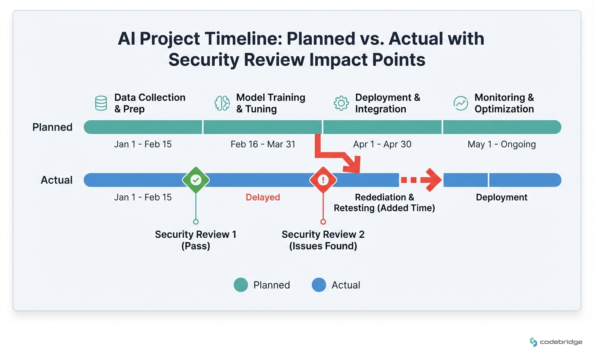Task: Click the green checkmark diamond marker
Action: (196, 180)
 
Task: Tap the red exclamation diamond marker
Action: (323, 180)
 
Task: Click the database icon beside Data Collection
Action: (101, 103)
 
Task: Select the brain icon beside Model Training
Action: (222, 103)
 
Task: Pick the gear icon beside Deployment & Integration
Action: (341, 103)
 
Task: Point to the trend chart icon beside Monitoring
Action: (461, 103)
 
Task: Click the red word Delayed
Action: (263, 197)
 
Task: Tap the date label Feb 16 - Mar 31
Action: (263, 144)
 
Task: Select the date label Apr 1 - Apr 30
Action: (382, 144)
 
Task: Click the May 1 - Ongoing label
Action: (502, 144)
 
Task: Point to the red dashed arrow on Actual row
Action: (421, 180)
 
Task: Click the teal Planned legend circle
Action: (241, 285)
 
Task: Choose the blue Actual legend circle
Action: (319, 285)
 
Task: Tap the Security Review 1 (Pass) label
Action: (196, 240)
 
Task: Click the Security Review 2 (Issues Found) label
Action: (323, 240)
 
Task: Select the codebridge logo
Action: (556, 342)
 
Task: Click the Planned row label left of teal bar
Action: (52, 127)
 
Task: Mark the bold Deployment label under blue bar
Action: (502, 197)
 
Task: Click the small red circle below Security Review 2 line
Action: (323, 222)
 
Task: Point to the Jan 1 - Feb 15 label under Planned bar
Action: (143, 144)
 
